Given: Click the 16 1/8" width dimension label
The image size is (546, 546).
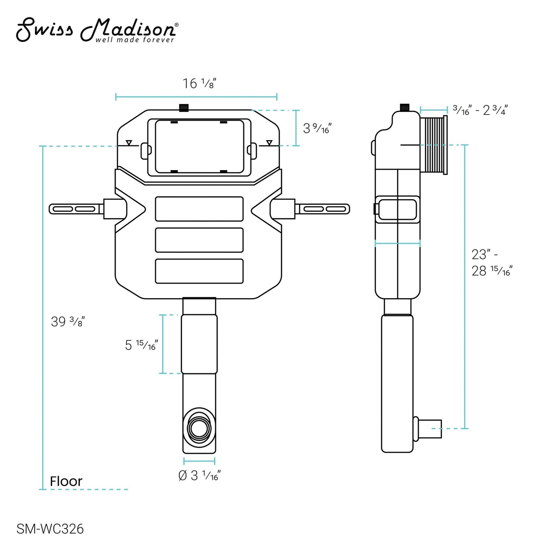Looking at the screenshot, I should pos(199,84).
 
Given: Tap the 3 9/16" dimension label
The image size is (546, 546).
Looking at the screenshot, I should pos(317,128).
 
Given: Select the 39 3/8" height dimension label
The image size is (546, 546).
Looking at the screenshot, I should pos(68,322).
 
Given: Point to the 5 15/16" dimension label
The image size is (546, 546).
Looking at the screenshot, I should pos(141,345).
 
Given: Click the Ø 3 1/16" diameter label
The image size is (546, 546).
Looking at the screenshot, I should pos(199,475).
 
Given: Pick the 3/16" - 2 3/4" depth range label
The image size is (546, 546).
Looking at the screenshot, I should pos(480,110).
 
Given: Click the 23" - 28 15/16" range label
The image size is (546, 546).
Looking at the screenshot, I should pos(491,263).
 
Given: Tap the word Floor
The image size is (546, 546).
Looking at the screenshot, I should pos(66,481).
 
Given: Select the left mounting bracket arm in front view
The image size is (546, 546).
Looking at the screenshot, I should pos(76,209).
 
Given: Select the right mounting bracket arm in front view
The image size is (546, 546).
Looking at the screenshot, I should pos(323,209).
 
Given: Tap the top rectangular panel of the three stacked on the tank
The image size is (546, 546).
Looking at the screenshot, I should pos(199,209).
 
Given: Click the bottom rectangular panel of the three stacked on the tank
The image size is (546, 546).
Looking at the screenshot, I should pos(199,271).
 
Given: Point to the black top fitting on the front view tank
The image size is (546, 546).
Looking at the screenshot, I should pos(184,107).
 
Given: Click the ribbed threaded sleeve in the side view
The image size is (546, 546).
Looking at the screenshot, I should pos(434,145).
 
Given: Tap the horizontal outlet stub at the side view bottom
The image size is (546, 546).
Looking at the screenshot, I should pos(431,429).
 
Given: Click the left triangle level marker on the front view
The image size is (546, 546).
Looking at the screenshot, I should pos(129,143).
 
